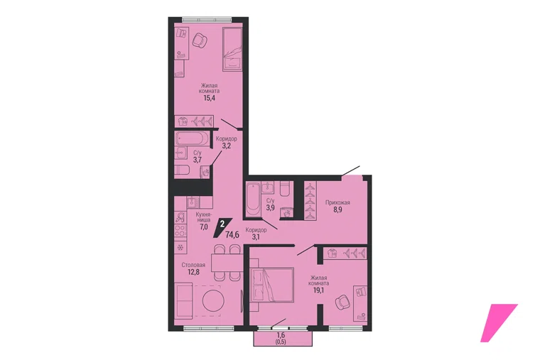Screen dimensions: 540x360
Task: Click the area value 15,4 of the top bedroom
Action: click(x=209, y=98)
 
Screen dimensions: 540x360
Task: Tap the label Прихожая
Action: click(x=337, y=202)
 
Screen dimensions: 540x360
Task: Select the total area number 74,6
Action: click(x=232, y=235)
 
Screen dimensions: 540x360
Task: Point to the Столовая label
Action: click(x=193, y=265)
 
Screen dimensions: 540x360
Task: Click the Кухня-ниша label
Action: click(x=203, y=217)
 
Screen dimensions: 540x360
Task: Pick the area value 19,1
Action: click(x=318, y=290)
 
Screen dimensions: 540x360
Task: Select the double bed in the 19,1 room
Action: click(x=272, y=285)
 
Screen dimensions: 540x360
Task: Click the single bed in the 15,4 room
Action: click(x=233, y=49)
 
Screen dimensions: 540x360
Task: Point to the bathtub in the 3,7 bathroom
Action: click(x=192, y=138)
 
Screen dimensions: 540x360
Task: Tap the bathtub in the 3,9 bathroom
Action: click(x=253, y=200)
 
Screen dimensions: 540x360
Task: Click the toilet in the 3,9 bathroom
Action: click(x=286, y=189)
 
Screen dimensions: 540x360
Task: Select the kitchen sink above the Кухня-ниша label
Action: click(x=193, y=202)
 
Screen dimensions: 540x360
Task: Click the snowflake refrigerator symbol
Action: click(x=180, y=247)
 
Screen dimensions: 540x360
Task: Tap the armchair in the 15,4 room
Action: click(x=200, y=40)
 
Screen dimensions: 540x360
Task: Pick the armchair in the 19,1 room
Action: click(x=343, y=302)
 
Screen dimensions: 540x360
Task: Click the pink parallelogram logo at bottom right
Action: click(x=499, y=323)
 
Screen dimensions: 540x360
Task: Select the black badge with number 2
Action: click(x=223, y=227)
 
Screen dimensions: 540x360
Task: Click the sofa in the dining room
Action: click(x=183, y=300)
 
